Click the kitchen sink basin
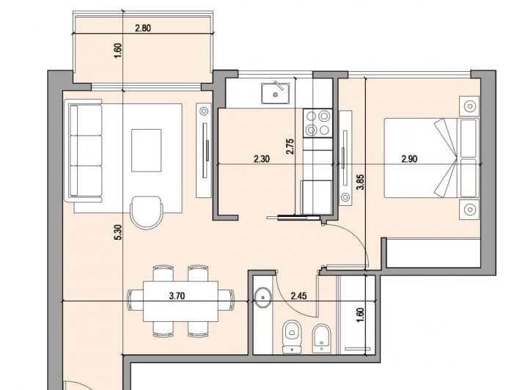tap(277, 93)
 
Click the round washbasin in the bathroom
tap(263, 297)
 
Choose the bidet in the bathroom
tap(322, 336)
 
